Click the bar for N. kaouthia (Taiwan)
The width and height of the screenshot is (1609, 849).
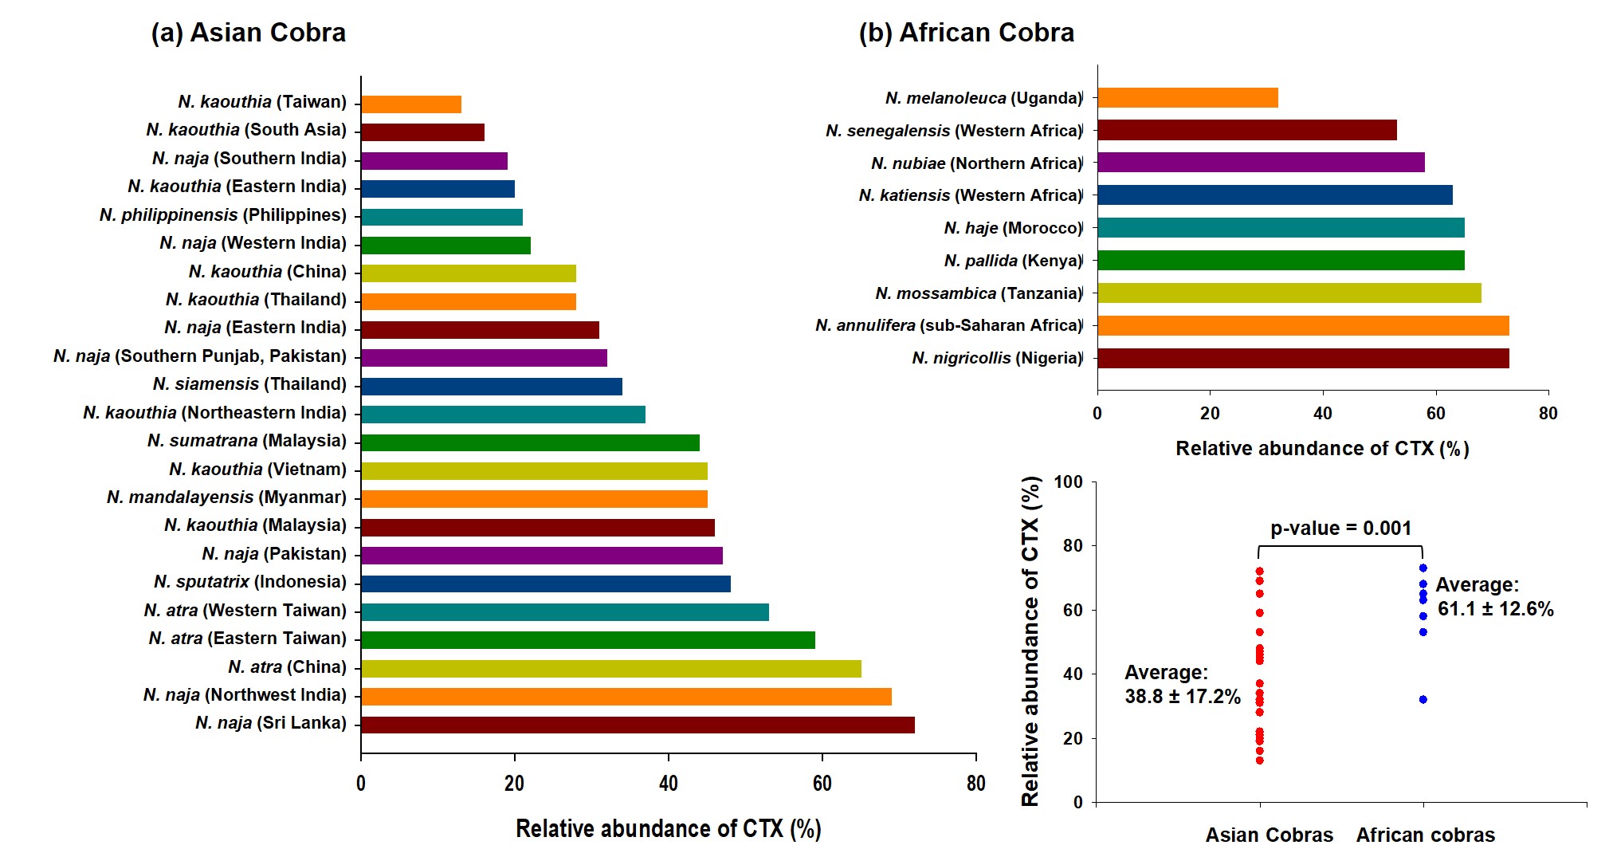click(411, 104)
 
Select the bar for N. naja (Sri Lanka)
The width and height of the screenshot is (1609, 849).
click(638, 725)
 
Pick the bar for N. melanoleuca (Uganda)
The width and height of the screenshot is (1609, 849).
click(1187, 98)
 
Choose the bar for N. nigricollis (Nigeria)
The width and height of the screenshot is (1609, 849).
click(1303, 358)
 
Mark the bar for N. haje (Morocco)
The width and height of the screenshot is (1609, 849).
click(1281, 228)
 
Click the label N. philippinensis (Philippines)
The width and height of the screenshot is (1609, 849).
click(223, 215)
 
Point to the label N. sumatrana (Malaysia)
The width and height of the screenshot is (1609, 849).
click(247, 441)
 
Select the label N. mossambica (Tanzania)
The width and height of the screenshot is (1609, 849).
click(979, 293)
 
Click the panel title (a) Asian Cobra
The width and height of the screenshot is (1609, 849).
click(249, 33)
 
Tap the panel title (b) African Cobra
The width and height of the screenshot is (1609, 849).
click(966, 33)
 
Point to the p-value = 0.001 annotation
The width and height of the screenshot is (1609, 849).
click(1340, 528)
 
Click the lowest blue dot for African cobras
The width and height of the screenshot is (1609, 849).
click(1423, 699)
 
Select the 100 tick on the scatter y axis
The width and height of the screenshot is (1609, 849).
click(1068, 481)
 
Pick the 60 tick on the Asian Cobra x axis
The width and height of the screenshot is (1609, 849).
click(822, 784)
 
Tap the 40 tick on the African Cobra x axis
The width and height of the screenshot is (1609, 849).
click(1322, 413)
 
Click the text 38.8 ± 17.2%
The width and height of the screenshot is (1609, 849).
click(1183, 697)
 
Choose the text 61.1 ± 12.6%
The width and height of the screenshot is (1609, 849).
click(1495, 609)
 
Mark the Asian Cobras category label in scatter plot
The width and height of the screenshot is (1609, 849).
click(1269, 835)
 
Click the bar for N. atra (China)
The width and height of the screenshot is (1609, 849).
click(611, 668)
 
